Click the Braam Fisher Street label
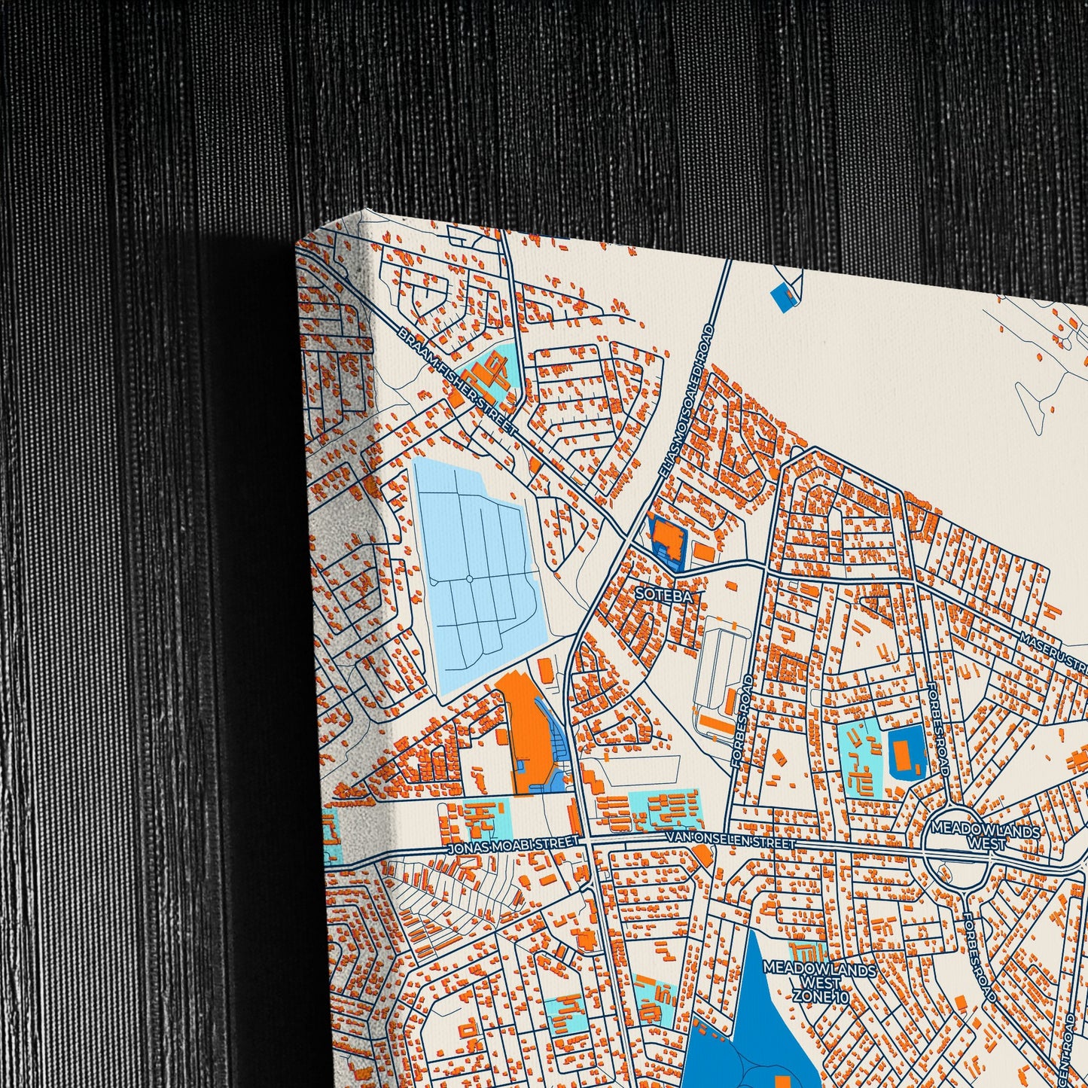[x=457, y=381]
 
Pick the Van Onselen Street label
[x=730, y=840]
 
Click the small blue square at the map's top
[x=784, y=296]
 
